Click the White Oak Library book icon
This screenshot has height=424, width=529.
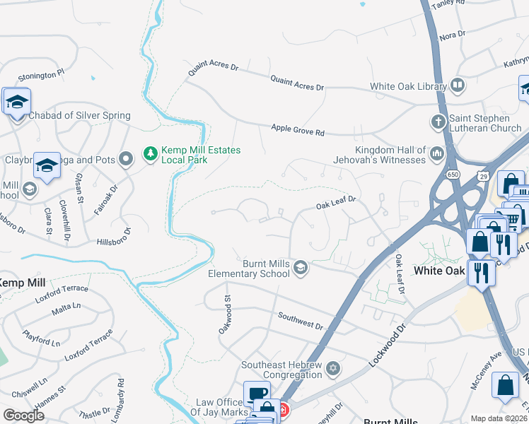tap(457, 86)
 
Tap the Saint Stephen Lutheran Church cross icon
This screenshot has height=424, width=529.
tap(438, 122)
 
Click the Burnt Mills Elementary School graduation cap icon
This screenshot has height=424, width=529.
tap(301, 267)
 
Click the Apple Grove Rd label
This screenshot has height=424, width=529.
tap(298, 131)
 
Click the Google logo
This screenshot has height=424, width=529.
tap(23, 416)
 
